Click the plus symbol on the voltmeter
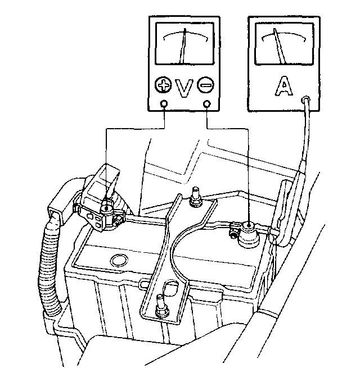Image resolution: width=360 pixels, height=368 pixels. (x=163, y=86)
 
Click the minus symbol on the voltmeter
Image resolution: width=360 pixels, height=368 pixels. (x=206, y=86)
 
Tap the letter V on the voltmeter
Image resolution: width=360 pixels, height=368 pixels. (x=184, y=87)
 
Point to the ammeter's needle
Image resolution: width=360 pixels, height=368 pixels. (x=278, y=46)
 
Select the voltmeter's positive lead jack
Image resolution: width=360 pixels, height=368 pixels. (x=164, y=104)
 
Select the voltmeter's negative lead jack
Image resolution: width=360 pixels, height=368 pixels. (x=209, y=104)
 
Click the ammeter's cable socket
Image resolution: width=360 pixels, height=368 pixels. (x=306, y=99)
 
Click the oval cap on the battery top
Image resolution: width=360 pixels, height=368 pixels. (x=119, y=260)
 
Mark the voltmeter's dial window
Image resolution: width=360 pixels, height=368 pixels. (x=184, y=45)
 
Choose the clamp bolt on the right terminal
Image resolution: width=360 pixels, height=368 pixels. (x=231, y=230)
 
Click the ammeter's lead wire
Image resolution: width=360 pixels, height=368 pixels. (x=305, y=135)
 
